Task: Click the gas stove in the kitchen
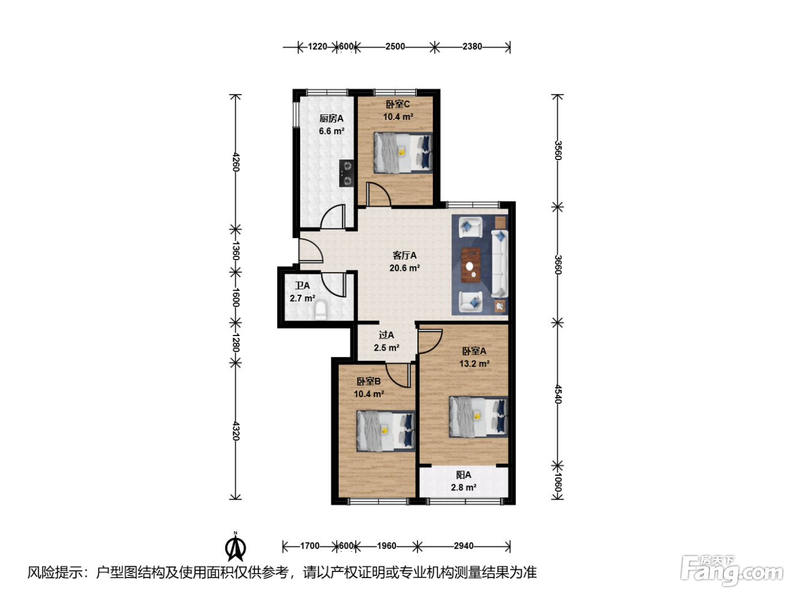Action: pos(347,173)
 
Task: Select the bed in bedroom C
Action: pos(403,153)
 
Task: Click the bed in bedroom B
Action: pos(386,431)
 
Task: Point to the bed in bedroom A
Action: pos(478,417)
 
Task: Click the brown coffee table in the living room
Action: pos(471,265)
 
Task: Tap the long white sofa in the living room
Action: pos(500,264)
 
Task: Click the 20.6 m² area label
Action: pos(404,268)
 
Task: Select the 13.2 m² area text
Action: pos(474,364)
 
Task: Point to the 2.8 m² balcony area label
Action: pos(463,488)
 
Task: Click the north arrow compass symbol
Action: pos(236,546)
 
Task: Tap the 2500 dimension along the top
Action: pos(395,46)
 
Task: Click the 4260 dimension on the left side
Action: pos(236,162)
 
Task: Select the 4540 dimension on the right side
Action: pos(558,394)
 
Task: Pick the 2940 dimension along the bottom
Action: pos(463,546)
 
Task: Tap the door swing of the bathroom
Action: pos(334,285)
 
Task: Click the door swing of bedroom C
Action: pos(378,195)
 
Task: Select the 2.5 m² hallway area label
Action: pos(386,348)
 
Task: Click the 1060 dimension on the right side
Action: pos(558,482)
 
